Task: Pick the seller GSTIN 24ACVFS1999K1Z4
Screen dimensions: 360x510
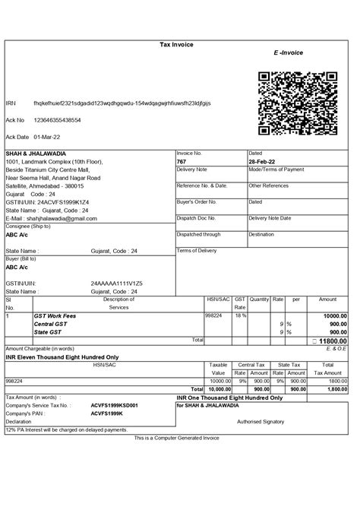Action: (x=62, y=202)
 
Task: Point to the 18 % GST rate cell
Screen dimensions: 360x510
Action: (x=239, y=315)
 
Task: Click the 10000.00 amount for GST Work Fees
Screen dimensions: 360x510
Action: (x=334, y=315)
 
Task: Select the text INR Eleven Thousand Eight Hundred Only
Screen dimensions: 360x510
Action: (x=62, y=356)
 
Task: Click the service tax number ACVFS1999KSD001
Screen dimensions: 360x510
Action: (x=115, y=406)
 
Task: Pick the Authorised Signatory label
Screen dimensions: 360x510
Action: (x=260, y=421)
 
